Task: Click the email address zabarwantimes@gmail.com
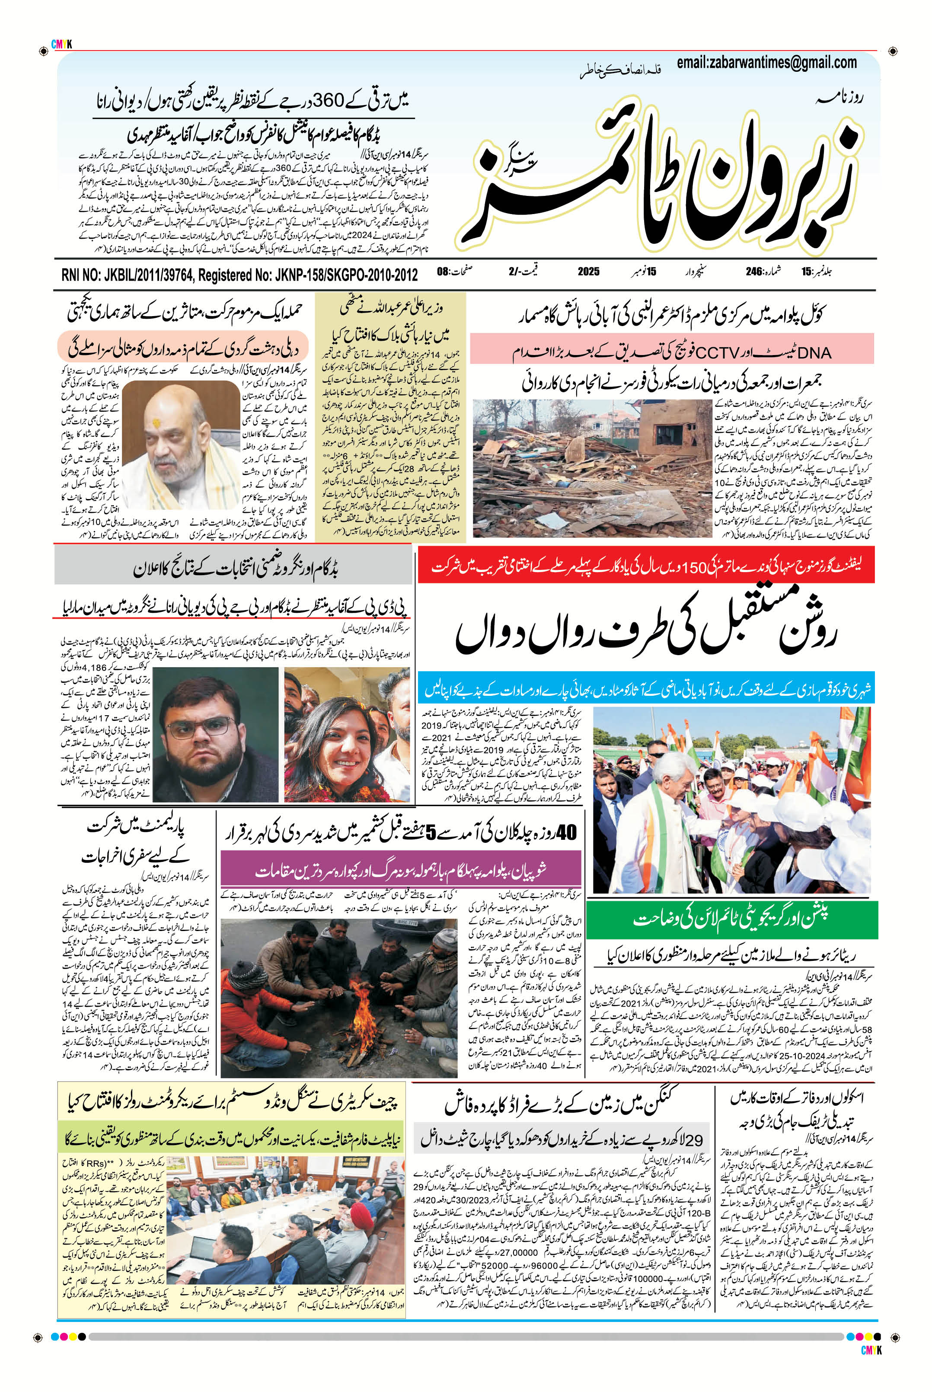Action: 767,62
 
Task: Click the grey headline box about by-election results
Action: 233,570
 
